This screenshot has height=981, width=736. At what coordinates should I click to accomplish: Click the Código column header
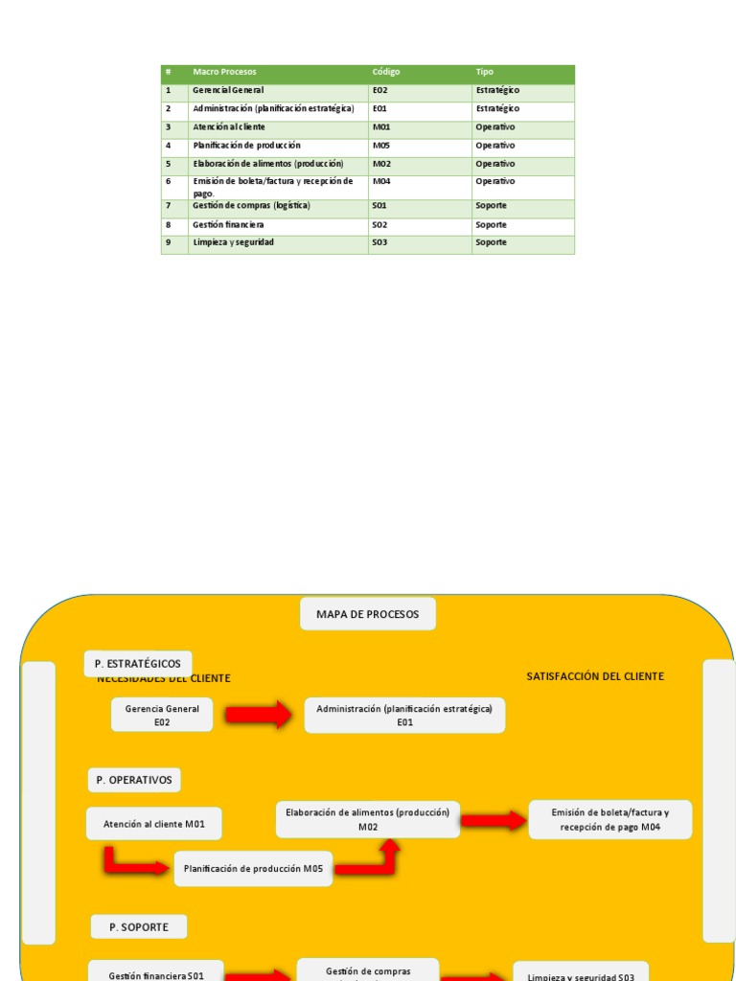pos(386,72)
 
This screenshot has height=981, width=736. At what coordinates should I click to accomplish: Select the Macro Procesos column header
pos(224,72)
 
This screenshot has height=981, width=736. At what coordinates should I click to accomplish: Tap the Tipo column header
pos(485,72)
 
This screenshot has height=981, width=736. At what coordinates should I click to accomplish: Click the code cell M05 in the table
pos(381,146)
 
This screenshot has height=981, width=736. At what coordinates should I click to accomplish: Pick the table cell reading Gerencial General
pos(228,90)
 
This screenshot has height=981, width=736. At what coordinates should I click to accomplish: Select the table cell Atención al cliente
pos(229,126)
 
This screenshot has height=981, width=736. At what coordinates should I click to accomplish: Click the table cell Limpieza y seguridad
pos(233,242)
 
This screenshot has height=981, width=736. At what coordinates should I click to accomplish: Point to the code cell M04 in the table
pos(381,181)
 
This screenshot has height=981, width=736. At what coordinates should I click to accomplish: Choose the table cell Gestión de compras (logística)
pos(251,206)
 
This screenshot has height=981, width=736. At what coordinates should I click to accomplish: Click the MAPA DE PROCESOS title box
pos(368,614)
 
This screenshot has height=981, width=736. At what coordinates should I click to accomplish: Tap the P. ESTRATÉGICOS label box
pos(138,663)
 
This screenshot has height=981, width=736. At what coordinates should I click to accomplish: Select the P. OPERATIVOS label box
pos(134,780)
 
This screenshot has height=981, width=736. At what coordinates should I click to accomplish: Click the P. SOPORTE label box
pos(139,926)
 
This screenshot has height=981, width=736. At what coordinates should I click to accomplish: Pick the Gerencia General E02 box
pos(162,716)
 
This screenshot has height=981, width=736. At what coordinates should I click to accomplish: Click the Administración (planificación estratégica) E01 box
pos(404,716)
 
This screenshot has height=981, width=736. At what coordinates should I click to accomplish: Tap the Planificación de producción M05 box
pos(254,869)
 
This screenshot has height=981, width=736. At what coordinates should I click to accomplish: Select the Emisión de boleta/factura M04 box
pos(609,820)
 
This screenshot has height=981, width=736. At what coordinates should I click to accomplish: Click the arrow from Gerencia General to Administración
pos(258,715)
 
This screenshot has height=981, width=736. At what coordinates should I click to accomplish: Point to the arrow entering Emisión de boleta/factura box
pos(494,819)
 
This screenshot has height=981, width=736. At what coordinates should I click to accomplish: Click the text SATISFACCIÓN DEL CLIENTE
pos(595,676)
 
